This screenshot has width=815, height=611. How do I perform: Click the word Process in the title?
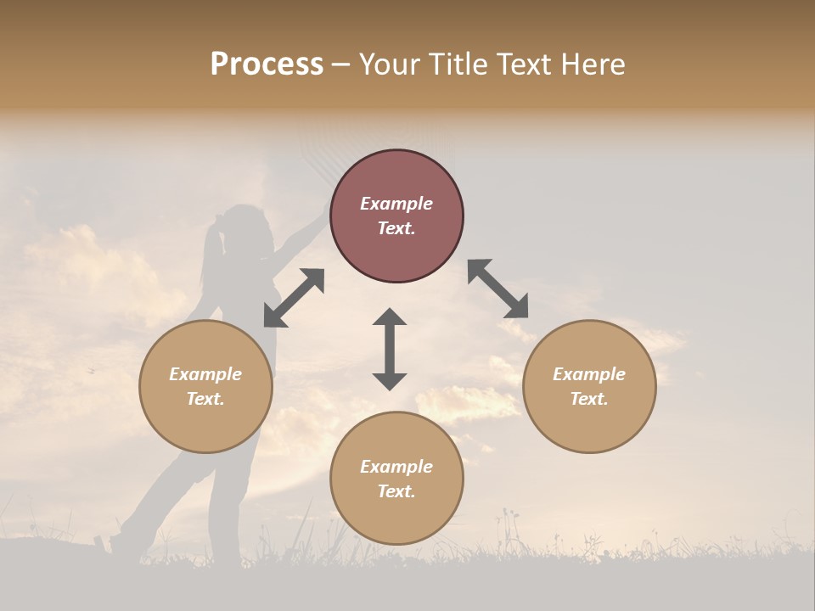click(267, 64)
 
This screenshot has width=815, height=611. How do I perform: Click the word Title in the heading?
click(459, 64)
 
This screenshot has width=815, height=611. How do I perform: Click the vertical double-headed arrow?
click(390, 349)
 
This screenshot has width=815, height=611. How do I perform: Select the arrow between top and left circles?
click(294, 298)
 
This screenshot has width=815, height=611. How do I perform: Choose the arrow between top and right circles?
click(497, 289)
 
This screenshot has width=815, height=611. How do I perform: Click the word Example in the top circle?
click(396, 204)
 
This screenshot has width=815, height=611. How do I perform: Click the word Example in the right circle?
click(589, 374)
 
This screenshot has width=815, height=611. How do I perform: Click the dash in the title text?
click(340, 65)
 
